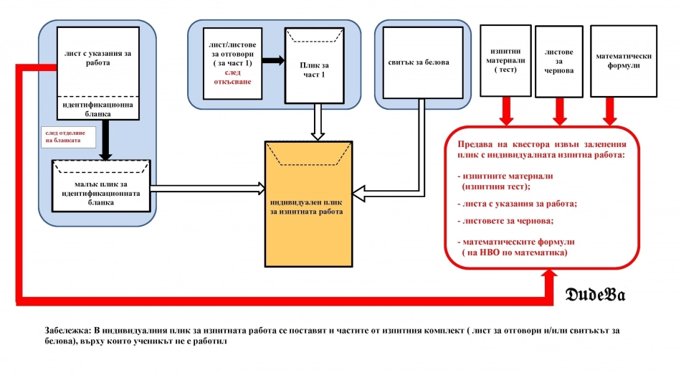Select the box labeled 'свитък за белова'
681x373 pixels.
[417, 62]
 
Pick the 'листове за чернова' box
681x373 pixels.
[560, 62]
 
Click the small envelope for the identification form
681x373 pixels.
[100, 186]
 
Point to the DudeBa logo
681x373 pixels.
[595, 296]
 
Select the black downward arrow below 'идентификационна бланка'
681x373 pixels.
[106, 138]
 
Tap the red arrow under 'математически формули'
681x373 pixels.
[610, 110]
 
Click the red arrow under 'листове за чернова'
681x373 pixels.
[560, 110]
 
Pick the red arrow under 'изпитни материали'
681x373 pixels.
[506, 110]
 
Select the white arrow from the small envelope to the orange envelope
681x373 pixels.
[207, 187]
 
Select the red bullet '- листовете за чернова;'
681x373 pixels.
[505, 221]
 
